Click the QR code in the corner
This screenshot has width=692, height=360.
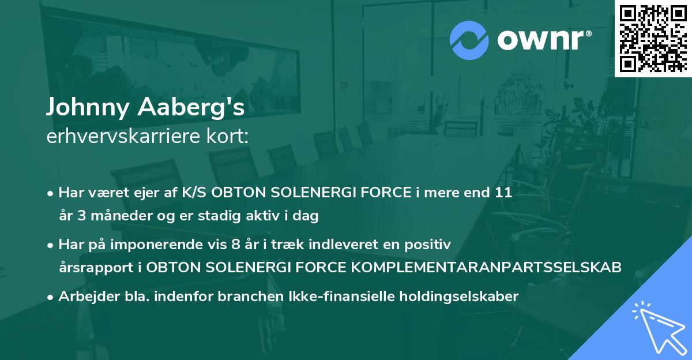653,38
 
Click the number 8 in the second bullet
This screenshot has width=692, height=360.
234,245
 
